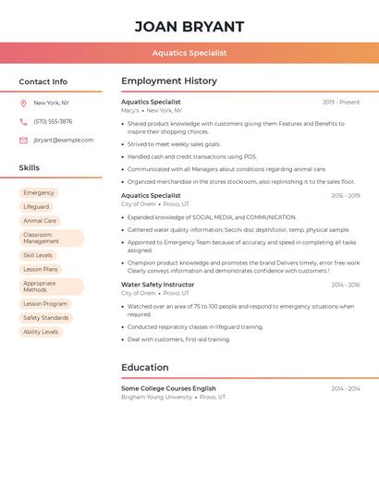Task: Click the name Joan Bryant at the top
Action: (x=189, y=27)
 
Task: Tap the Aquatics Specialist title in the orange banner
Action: (x=189, y=53)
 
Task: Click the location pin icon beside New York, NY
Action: (x=23, y=104)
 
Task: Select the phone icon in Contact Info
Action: (x=23, y=122)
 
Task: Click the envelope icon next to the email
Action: (x=23, y=141)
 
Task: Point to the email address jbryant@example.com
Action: (x=63, y=141)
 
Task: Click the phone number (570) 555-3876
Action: (x=53, y=122)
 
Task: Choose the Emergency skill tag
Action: (x=39, y=193)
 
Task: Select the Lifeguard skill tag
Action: (x=36, y=207)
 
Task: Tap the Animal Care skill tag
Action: (x=40, y=221)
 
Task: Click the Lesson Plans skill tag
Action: (x=41, y=269)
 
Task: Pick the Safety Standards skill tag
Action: (x=46, y=318)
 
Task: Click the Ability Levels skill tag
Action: (x=41, y=332)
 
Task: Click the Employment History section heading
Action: (x=169, y=81)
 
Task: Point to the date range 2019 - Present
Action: (x=341, y=103)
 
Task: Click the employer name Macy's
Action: (x=130, y=110)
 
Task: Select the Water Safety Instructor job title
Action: (x=158, y=285)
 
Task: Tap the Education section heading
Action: (x=145, y=368)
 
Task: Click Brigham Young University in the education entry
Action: (x=156, y=397)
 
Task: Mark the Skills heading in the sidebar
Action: (x=30, y=168)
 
